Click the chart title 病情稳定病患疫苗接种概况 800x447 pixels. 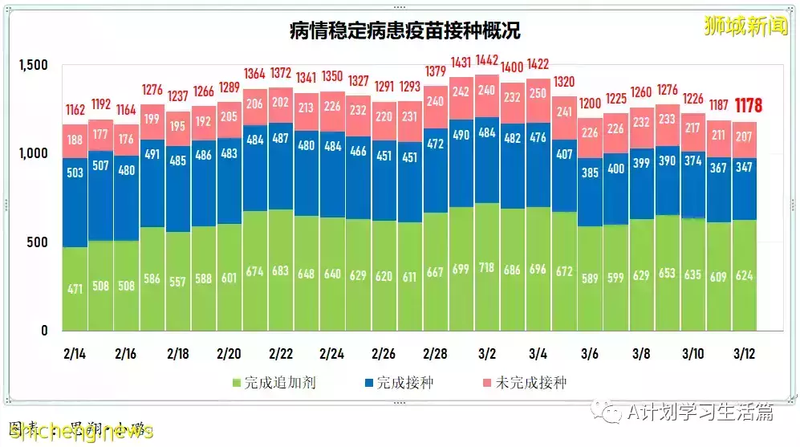point(404,30)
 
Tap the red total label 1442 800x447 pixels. point(486,61)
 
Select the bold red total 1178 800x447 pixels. point(748,106)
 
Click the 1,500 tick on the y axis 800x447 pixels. point(33,65)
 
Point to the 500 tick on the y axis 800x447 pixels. point(39,242)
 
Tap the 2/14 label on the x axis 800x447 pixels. point(75,354)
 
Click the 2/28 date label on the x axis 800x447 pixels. point(434,354)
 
